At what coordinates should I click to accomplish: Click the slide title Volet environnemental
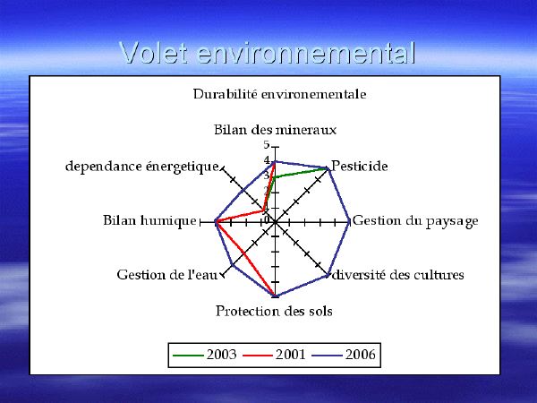click(x=268, y=53)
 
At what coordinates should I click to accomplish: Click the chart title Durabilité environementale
click(x=279, y=94)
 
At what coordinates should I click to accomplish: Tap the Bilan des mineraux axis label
click(x=275, y=130)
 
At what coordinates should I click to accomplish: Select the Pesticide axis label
click(x=360, y=167)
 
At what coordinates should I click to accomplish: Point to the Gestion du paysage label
click(x=415, y=221)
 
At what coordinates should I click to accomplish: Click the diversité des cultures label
click(x=397, y=275)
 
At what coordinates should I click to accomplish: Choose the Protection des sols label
click(x=274, y=311)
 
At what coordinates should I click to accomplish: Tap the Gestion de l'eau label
click(x=167, y=275)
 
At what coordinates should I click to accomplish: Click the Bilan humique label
click(x=149, y=220)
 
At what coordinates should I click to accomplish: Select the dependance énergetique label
click(x=142, y=167)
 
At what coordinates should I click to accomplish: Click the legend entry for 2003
click(x=205, y=355)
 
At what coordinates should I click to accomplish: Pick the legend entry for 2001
click(x=274, y=355)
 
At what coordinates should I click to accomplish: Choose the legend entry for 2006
click(x=344, y=355)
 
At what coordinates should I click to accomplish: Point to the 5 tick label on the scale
click(x=267, y=145)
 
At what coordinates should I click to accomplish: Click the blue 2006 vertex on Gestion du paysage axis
click(x=349, y=222)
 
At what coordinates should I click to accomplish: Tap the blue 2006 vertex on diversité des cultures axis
click(x=328, y=275)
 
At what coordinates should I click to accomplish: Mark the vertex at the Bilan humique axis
click(x=216, y=222)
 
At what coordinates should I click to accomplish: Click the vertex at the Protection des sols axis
click(x=275, y=296)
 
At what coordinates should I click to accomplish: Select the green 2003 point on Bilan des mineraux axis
click(x=275, y=177)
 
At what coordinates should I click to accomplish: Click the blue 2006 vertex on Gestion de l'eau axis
click(x=233, y=265)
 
